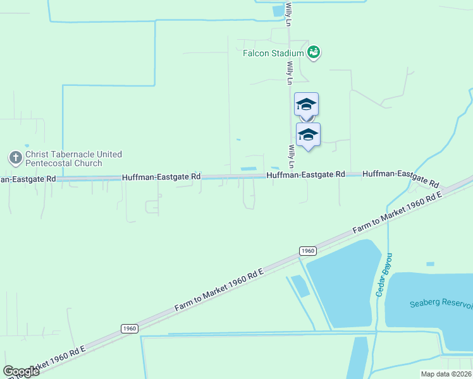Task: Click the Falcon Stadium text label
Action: [274, 54]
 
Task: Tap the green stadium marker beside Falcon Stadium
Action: [313, 52]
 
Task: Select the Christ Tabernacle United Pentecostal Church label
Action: [73, 159]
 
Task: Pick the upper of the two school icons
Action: [306, 104]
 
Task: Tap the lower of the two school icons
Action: [308, 135]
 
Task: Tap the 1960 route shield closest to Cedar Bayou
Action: [307, 251]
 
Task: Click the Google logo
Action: [21, 371]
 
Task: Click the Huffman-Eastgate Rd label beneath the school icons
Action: [305, 174]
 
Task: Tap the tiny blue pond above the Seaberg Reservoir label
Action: [431, 263]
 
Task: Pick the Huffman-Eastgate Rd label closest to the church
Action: [161, 177]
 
